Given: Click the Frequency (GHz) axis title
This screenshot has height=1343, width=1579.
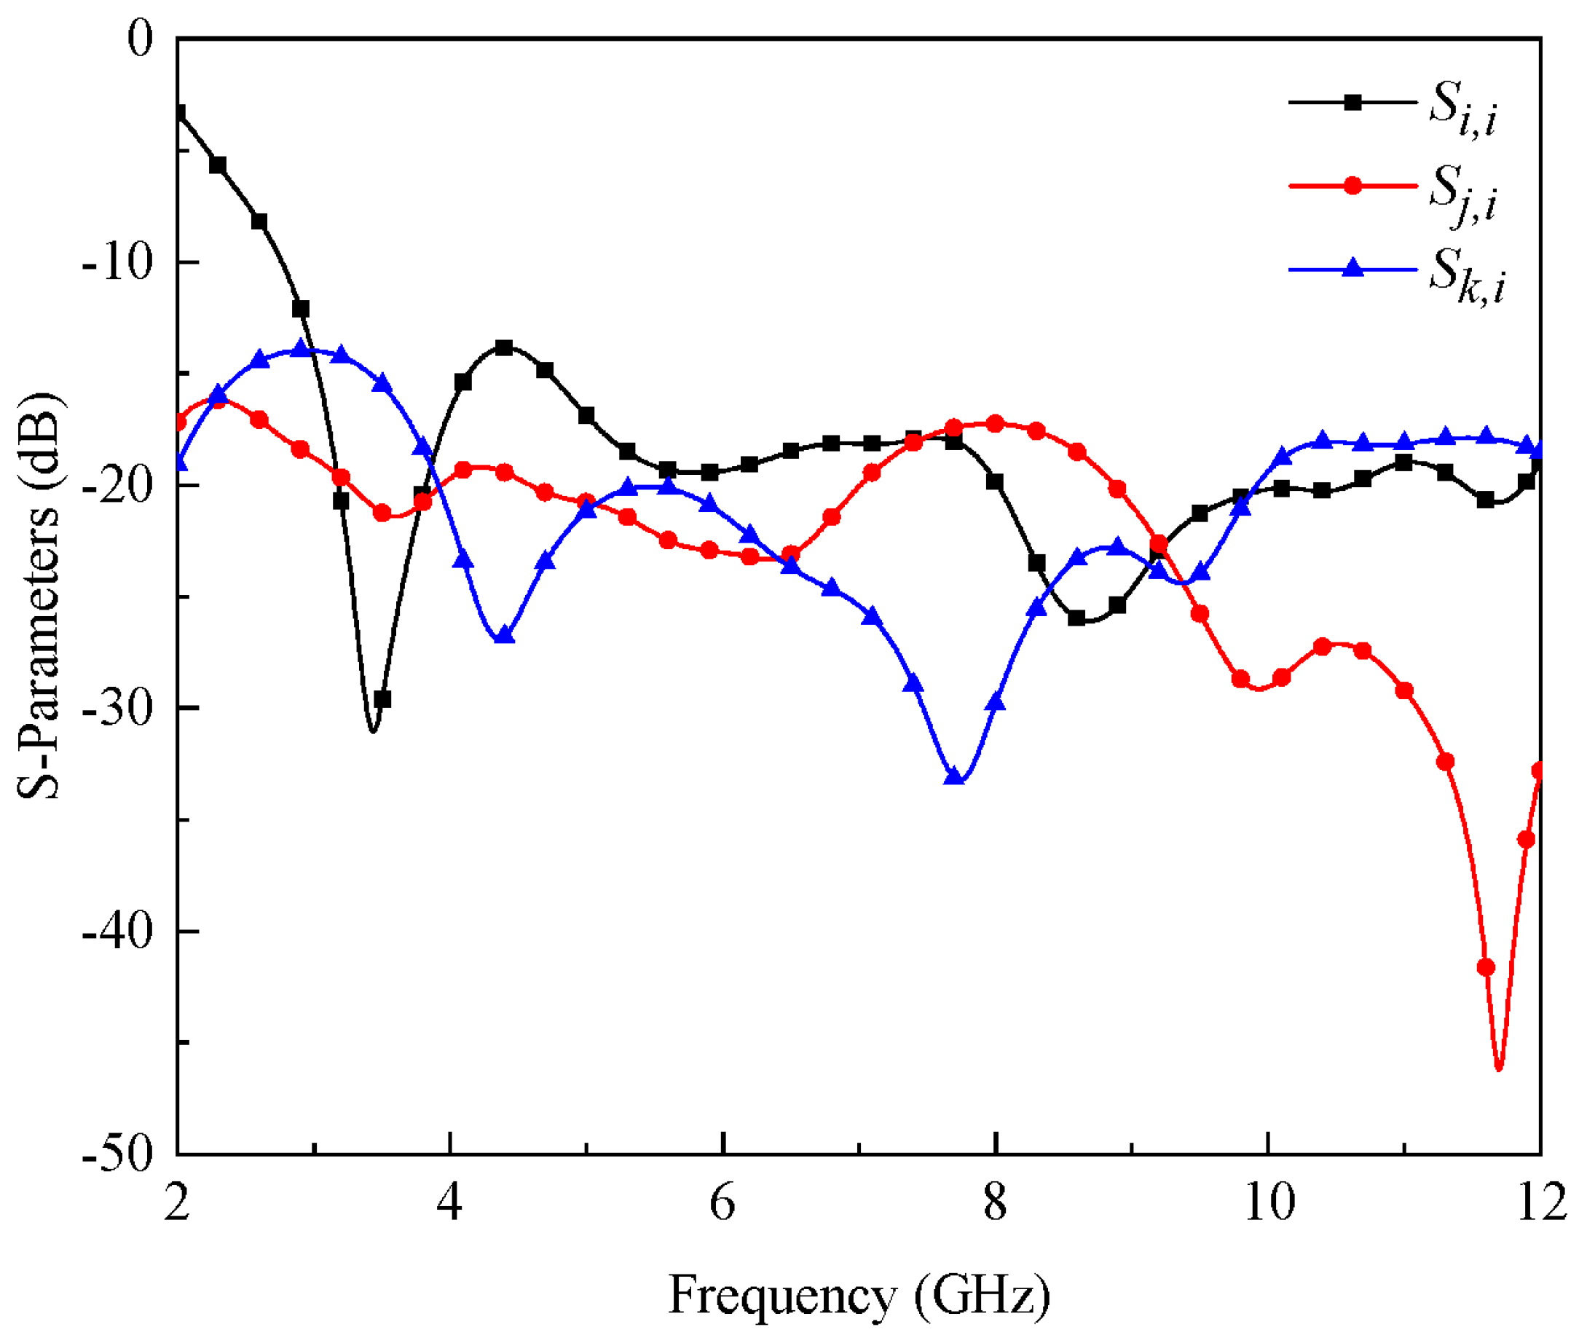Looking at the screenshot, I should click(x=859, y=1295).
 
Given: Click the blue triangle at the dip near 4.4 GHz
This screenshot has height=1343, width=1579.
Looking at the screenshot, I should click(x=504, y=635).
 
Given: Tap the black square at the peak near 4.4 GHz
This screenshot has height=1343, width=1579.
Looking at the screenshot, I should click(x=504, y=348).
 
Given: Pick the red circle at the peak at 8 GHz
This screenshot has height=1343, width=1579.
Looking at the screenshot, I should click(x=995, y=423).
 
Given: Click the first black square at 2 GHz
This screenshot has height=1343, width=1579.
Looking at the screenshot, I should click(x=178, y=113).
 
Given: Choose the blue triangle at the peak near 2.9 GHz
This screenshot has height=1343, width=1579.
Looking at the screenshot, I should click(x=300, y=348).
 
